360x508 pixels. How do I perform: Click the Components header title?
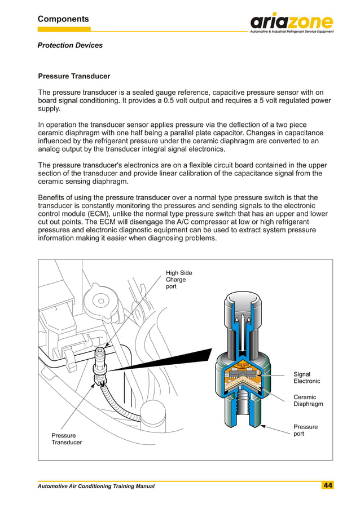click(x=63, y=19)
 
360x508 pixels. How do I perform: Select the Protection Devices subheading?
click(x=70, y=45)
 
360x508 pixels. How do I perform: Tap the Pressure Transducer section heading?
click(x=74, y=76)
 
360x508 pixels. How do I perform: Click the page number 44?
click(x=327, y=485)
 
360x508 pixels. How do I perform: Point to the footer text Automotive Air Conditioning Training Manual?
click(x=96, y=486)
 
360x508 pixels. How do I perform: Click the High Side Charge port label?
click(x=178, y=280)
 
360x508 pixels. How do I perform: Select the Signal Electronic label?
click(x=306, y=378)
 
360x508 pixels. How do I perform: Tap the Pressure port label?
click(x=305, y=430)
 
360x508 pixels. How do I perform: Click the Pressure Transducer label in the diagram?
click(x=67, y=439)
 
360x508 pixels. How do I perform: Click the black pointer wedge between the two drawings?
click(x=164, y=360)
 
